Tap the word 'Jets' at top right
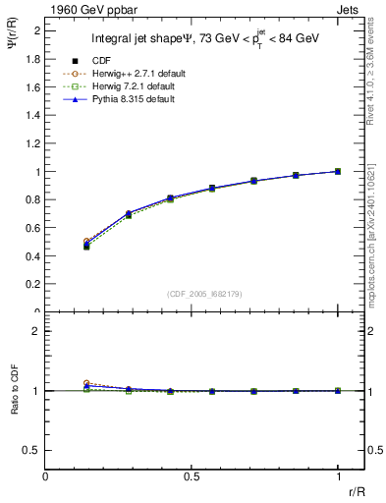point(351,8)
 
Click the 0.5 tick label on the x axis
point(193,476)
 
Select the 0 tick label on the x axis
point(46,476)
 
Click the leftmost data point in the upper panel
point(87,245)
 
